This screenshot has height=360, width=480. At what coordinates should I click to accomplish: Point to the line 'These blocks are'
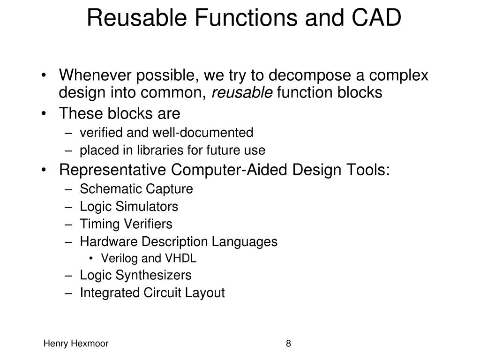tap(120, 114)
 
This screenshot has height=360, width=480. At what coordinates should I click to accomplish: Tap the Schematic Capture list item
tap(136, 189)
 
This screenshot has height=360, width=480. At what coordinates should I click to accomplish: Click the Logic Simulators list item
tap(129, 206)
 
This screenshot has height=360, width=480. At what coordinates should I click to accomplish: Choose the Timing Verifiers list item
tap(126, 224)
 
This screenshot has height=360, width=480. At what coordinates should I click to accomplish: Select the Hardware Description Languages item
tap(179, 242)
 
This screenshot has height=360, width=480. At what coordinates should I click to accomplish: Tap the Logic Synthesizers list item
tap(135, 275)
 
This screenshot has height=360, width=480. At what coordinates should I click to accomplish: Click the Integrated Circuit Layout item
tap(152, 293)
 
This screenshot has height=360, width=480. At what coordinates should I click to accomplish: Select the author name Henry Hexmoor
tap(76, 344)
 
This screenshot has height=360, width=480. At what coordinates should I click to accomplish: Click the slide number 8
tap(288, 344)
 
